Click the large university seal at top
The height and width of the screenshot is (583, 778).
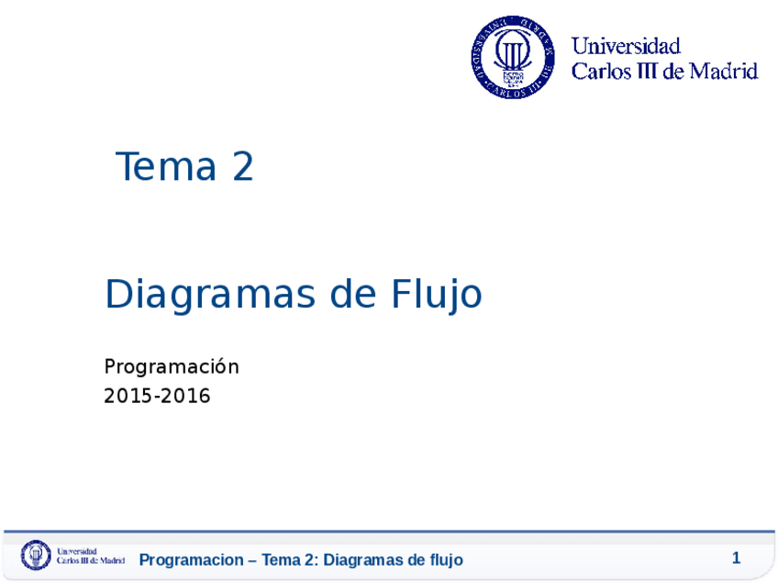click(513, 57)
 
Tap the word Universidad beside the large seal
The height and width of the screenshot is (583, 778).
click(626, 46)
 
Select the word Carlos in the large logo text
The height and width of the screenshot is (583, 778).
click(600, 71)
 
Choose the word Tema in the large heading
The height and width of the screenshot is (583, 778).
click(166, 167)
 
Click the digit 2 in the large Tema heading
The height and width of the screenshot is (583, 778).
click(242, 167)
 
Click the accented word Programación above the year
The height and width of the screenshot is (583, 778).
click(172, 367)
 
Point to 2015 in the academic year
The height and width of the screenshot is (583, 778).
click(129, 397)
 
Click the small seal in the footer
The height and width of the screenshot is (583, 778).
click(37, 555)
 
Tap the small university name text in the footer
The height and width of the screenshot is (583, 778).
click(91, 555)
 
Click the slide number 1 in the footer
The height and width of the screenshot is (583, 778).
click(736, 558)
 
